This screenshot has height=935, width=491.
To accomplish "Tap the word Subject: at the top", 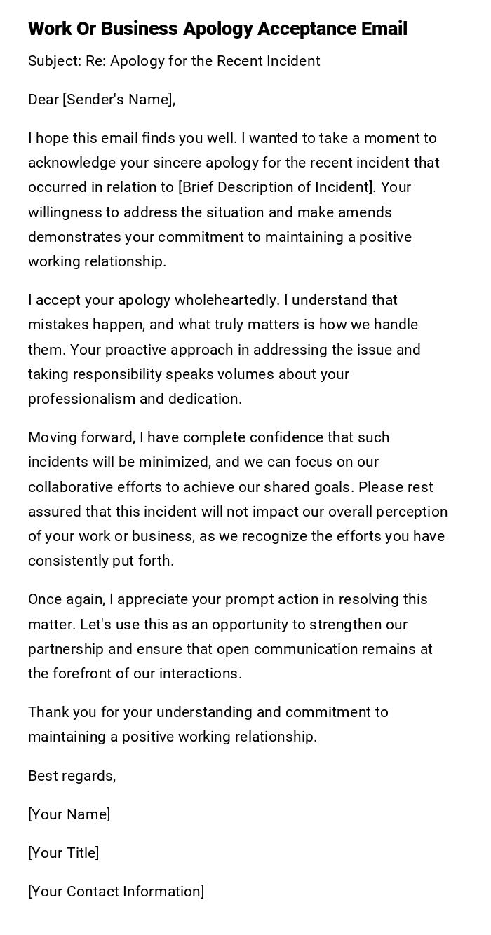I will (55, 61).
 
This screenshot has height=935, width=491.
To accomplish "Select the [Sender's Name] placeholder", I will (118, 100).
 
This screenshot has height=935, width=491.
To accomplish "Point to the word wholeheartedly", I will (227, 300).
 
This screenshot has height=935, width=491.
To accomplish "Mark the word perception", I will (412, 512).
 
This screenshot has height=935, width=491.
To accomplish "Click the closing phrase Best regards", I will (72, 776).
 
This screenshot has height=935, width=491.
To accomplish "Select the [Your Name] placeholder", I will (69, 814).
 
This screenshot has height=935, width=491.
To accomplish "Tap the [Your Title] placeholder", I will (63, 853).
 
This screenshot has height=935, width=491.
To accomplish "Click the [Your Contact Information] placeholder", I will (116, 892).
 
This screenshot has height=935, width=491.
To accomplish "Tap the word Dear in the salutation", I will (43, 100).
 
